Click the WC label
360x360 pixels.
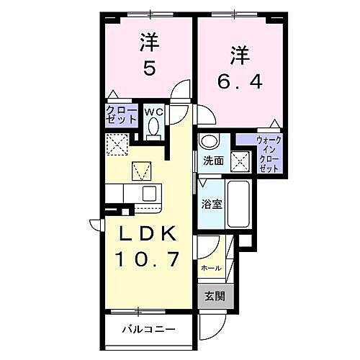(x=153, y=112)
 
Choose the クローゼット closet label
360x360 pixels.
(x=119, y=116)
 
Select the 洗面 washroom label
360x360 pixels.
(x=212, y=161)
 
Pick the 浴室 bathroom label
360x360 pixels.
(x=212, y=203)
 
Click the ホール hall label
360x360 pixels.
(x=211, y=268)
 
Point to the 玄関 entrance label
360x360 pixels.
(x=211, y=297)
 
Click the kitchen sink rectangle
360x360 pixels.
(x=149, y=193)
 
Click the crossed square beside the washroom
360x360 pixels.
(x=240, y=161)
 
